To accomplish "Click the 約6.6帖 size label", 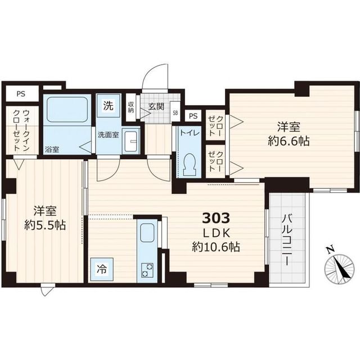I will tap(289, 141).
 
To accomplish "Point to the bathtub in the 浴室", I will tap(67, 110).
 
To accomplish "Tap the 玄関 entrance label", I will tap(155, 105).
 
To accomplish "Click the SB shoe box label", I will tap(174, 111).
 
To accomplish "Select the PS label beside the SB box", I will tap(193, 116).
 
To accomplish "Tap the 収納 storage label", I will tap(130, 106).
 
